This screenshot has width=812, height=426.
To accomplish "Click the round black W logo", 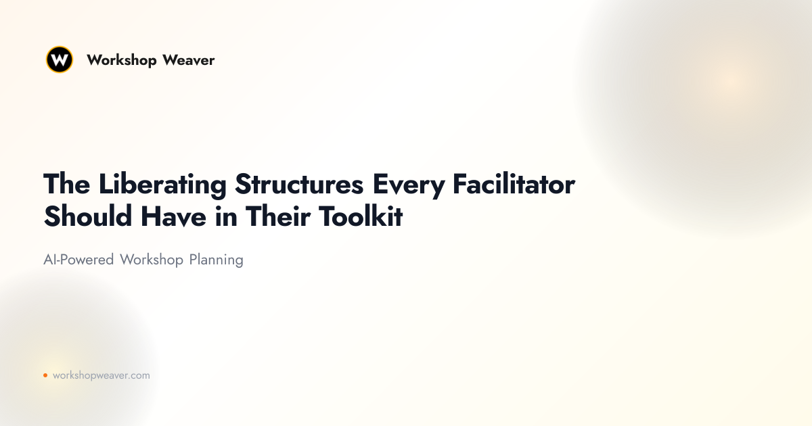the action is (x=60, y=60).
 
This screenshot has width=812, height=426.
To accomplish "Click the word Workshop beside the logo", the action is (x=121, y=60).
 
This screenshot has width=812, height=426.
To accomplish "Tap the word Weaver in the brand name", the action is (x=189, y=60).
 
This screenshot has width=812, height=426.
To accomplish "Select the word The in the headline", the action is (x=67, y=184).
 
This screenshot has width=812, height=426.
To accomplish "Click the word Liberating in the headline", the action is (x=162, y=185).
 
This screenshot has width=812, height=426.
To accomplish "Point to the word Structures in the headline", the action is (x=299, y=184).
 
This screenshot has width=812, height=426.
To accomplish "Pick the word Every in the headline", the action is (x=409, y=185).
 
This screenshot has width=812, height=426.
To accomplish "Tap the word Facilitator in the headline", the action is (x=514, y=184).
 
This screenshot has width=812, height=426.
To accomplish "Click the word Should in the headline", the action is (x=88, y=216).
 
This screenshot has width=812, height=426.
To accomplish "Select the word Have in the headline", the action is (x=174, y=216).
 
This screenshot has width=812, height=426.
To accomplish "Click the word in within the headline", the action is (x=226, y=216).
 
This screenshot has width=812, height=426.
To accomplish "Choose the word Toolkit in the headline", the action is (x=361, y=216).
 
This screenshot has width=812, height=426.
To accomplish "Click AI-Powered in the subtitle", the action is (x=78, y=260).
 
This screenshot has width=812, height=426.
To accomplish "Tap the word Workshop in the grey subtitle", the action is (x=152, y=260).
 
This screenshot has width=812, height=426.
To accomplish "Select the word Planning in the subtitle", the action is (x=216, y=260).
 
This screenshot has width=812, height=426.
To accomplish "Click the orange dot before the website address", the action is (x=45, y=375).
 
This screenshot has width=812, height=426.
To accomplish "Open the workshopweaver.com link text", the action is (x=101, y=375).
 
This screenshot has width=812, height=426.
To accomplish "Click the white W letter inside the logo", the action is (x=60, y=60).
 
